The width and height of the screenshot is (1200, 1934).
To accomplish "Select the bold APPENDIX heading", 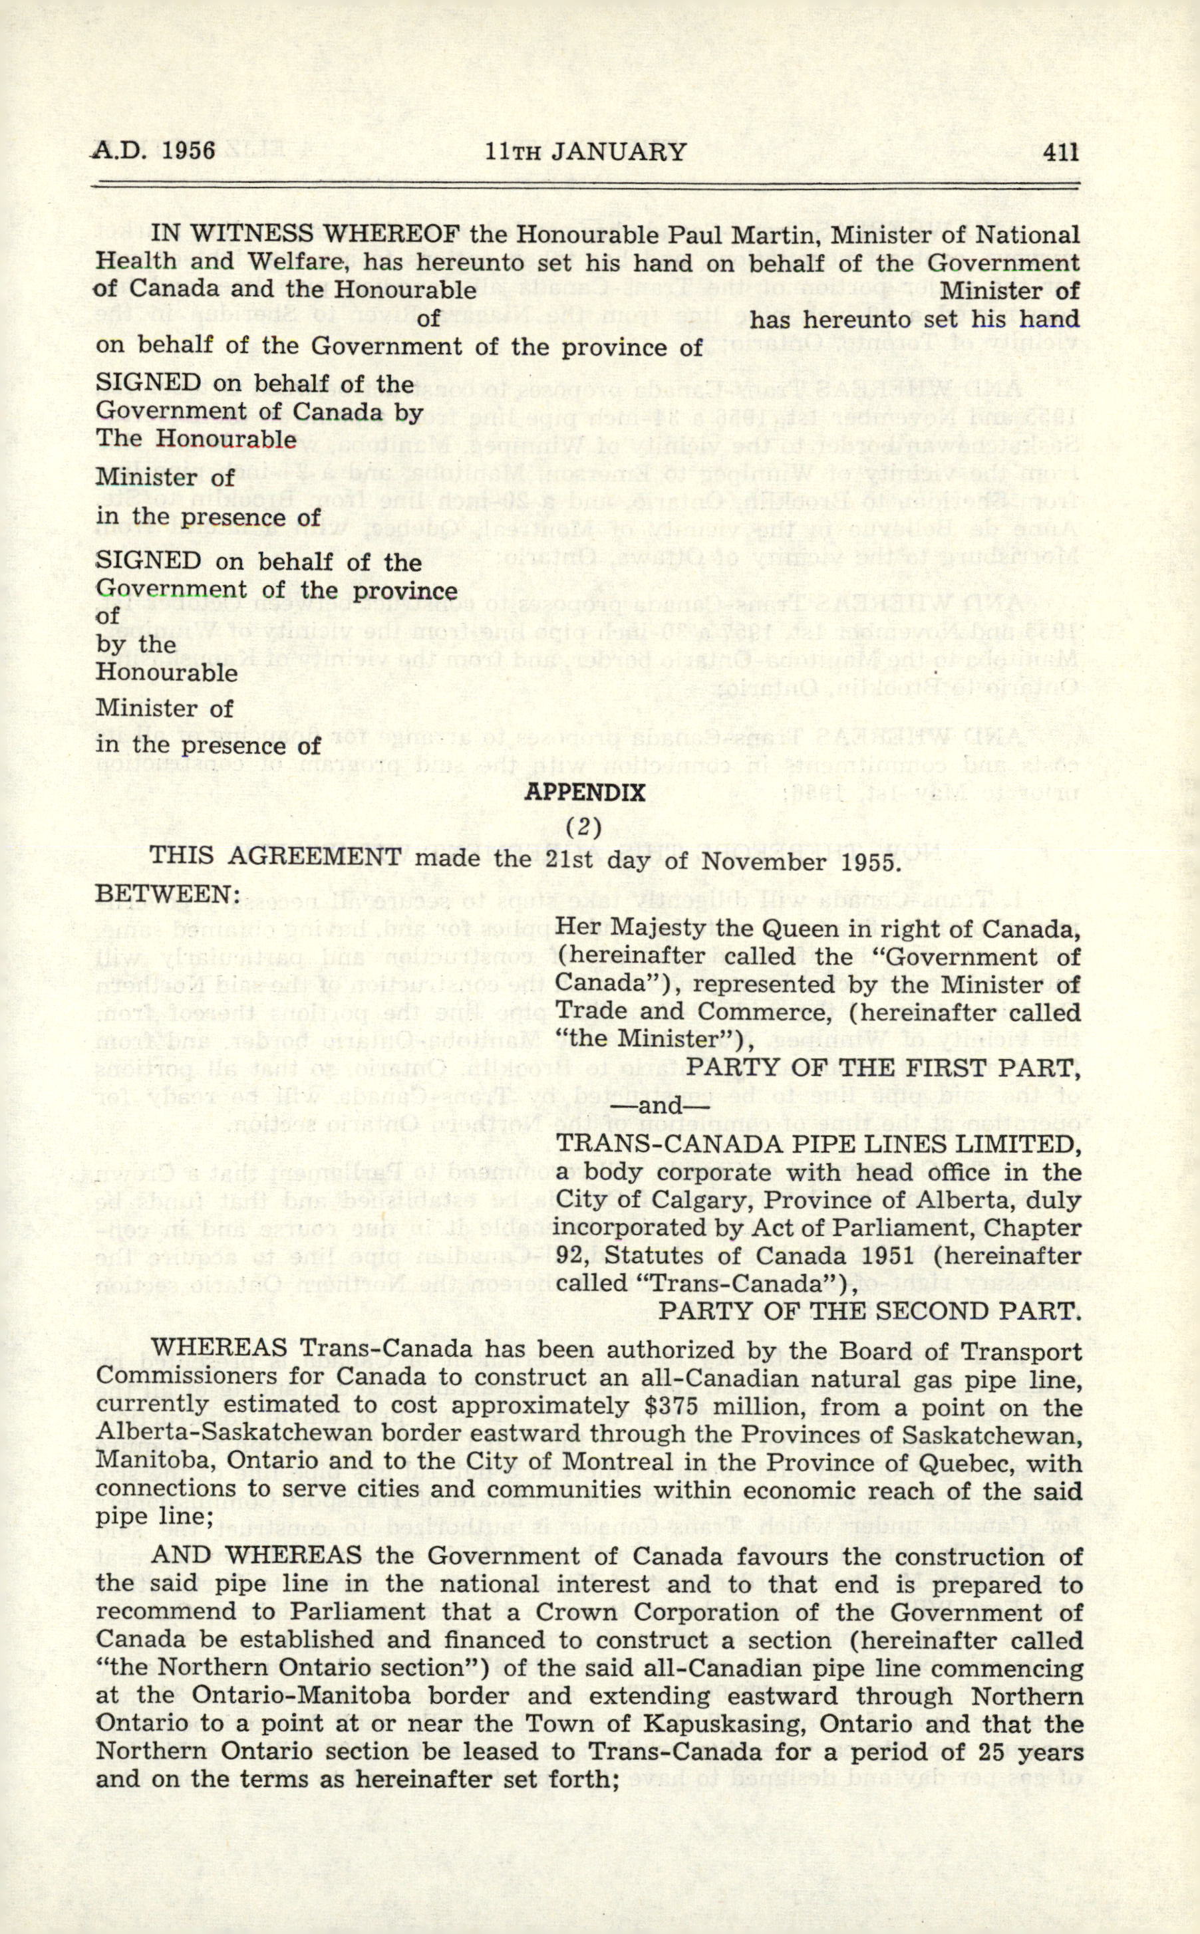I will [585, 792].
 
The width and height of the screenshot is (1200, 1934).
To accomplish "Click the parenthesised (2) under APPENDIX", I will [584, 826].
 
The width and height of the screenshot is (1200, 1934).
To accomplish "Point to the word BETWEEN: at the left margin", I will [168, 894].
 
